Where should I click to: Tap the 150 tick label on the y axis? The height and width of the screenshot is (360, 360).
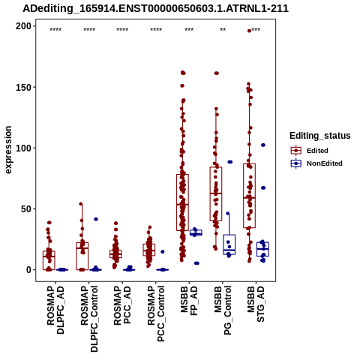pyautogui.click(x=23, y=87)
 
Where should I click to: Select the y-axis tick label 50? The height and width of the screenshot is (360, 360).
pyautogui.click(x=26, y=209)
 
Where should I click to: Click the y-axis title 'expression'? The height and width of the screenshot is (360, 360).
pyautogui.click(x=8, y=150)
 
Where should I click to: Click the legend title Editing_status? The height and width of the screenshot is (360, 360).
pyautogui.click(x=320, y=136)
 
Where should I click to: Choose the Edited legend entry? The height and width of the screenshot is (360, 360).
pyautogui.click(x=317, y=151)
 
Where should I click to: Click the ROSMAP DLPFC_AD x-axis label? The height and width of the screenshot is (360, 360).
pyautogui.click(x=55, y=310)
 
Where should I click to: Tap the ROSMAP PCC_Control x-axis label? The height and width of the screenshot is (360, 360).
pyautogui.click(x=156, y=313)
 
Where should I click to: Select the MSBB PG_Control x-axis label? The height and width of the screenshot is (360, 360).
pyautogui.click(x=223, y=310)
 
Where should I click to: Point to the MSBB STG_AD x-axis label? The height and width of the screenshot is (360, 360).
pyautogui.click(x=256, y=304)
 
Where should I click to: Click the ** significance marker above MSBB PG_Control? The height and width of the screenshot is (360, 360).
pyautogui.click(x=223, y=30)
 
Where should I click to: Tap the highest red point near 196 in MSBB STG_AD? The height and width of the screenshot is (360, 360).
pyautogui.click(x=249, y=31)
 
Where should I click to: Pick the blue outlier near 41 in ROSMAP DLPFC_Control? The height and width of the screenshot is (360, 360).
pyautogui.click(x=96, y=219)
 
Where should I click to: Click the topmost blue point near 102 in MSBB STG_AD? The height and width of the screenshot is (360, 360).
pyautogui.click(x=263, y=145)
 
